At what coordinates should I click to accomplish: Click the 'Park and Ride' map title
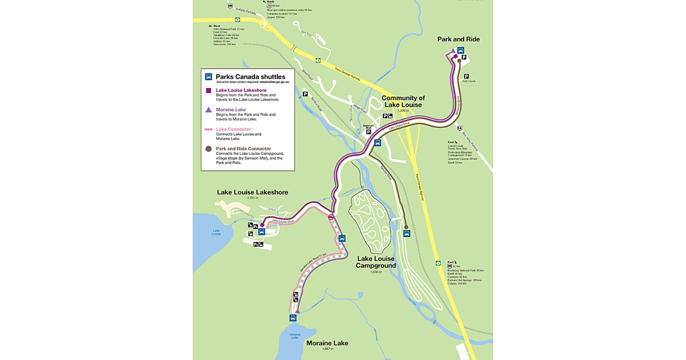point(458,39)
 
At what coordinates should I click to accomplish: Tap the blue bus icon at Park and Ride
point(460,50)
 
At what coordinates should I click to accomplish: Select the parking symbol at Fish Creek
point(466,76)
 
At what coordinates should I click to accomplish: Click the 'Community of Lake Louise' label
point(410,101)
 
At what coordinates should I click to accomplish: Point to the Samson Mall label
point(369,126)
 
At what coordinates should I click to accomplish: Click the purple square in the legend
point(209,90)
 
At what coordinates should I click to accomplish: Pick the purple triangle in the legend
point(209,110)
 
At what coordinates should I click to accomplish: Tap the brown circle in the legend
point(209,149)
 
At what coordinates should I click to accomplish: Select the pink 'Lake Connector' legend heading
point(233,129)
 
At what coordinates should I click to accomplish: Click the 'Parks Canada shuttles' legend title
point(250,77)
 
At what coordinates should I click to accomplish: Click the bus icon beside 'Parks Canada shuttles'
point(209,77)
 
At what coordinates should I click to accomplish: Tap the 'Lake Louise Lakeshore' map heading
point(252,192)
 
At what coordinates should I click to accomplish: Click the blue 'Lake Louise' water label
point(216,232)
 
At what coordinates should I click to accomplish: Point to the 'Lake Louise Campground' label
point(376,262)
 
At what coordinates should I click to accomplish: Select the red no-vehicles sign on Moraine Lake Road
point(331,217)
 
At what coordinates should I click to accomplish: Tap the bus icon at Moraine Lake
point(293,318)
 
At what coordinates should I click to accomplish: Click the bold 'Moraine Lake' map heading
point(327,343)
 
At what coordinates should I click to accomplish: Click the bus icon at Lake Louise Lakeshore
point(261,231)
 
